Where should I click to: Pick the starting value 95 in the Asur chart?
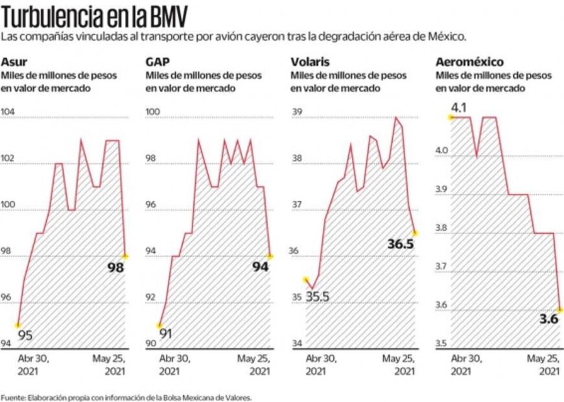[25, 335]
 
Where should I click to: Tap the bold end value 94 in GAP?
[260, 266]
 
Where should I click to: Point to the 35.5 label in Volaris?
[318, 298]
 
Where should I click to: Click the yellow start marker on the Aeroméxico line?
[450, 117]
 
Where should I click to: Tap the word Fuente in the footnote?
[12, 397]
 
